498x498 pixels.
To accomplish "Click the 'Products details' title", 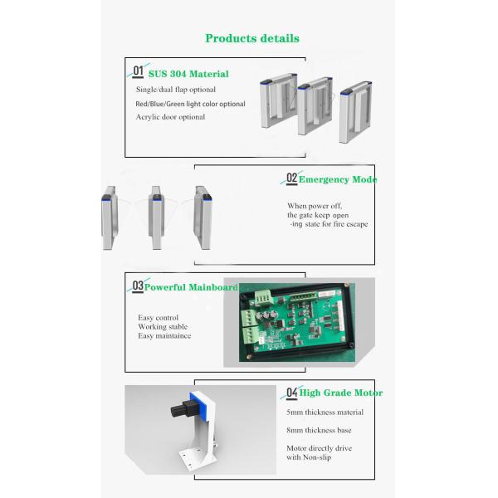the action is point(252,38).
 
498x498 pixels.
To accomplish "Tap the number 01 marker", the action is point(138,71).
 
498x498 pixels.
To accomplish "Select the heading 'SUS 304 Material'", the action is point(188,74).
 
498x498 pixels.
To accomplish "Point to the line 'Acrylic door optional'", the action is point(170,117).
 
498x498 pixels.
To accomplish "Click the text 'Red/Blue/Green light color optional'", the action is point(190,104).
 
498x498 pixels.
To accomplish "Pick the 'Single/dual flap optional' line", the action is point(176,90).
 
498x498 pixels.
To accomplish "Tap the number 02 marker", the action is point(292,178).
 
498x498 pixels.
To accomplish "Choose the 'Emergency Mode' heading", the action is point(338,179).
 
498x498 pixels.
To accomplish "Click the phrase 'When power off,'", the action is point(315,206).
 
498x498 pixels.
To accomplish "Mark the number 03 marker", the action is point(138,286).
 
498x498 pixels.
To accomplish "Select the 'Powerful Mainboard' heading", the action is point(191,287).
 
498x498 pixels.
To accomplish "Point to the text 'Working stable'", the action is point(163,327).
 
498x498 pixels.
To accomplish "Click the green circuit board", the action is point(296,322).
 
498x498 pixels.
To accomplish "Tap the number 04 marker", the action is point(292,393).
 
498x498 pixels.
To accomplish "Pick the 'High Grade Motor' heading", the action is point(341,393).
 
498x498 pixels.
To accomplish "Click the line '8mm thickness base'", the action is point(319,430).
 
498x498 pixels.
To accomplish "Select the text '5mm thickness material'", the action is point(325,413).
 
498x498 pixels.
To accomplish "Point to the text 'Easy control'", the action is point(158,318).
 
